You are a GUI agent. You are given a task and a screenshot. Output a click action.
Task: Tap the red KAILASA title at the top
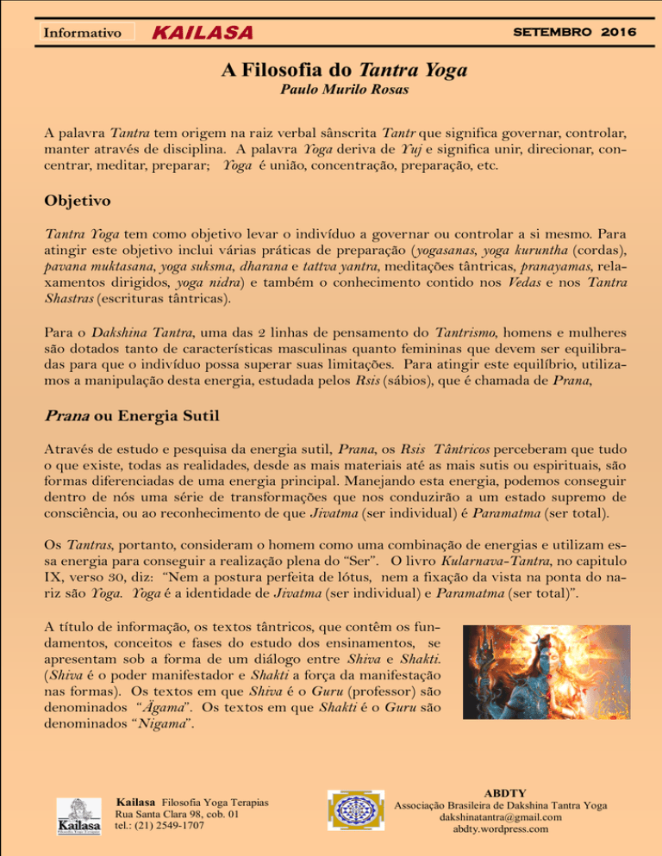click(x=203, y=33)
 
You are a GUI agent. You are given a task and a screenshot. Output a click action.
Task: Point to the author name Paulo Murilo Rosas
click(x=330, y=90)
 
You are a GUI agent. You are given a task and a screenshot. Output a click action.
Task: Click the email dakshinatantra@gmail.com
click(x=501, y=817)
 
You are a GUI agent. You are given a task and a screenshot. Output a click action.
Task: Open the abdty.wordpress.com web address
click(x=501, y=830)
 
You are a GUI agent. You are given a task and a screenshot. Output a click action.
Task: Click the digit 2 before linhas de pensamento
click(x=284, y=332)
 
